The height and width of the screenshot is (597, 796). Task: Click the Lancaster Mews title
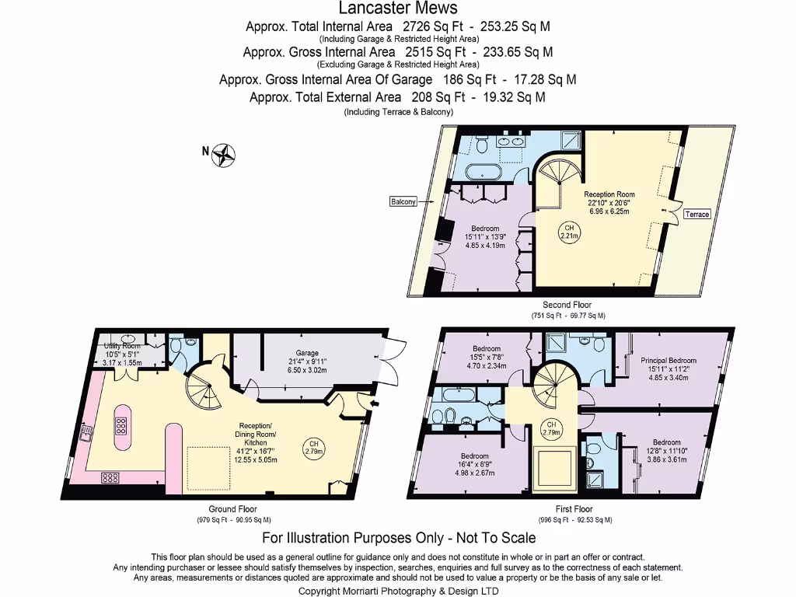pyautogui.click(x=397, y=9)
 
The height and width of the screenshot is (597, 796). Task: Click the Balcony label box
pyautogui.click(x=403, y=201)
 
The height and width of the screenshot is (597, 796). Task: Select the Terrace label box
pyautogui.click(x=696, y=214)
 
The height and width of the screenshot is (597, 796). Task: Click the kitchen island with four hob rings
pyautogui.click(x=123, y=426)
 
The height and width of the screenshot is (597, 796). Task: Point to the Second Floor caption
pyautogui.click(x=567, y=305)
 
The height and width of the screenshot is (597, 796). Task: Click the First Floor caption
pyautogui.click(x=574, y=510)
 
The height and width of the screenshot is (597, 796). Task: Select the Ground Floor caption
pyautogui.click(x=234, y=509)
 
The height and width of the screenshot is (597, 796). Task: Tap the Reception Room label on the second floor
pyautogui.click(x=609, y=194)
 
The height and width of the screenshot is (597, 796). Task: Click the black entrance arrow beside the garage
pyautogui.click(x=375, y=403)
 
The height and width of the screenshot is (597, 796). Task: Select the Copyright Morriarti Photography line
pyautogui.click(x=398, y=591)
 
